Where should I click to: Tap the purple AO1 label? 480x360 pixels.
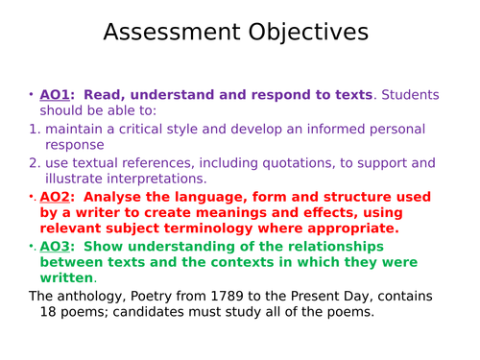coord(56,94)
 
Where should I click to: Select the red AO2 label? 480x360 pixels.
coord(57,196)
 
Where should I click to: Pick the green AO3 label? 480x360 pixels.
coord(57,246)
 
